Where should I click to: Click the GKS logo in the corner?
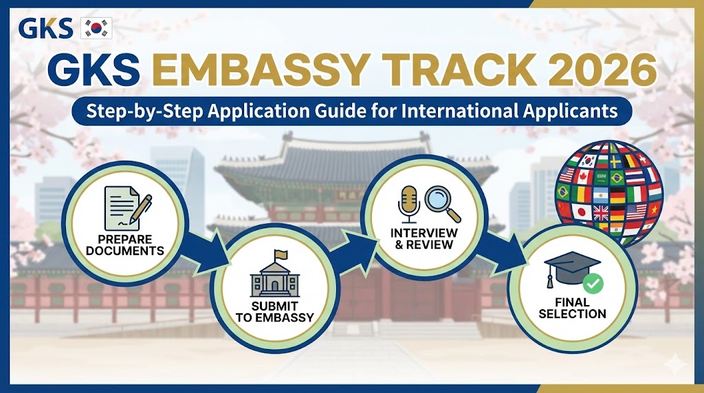pyautogui.click(x=46, y=27)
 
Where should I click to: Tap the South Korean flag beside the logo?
pyautogui.click(x=96, y=28)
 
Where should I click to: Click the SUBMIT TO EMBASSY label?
pyautogui.click(x=274, y=313)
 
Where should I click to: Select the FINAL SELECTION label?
pyautogui.click(x=572, y=308)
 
